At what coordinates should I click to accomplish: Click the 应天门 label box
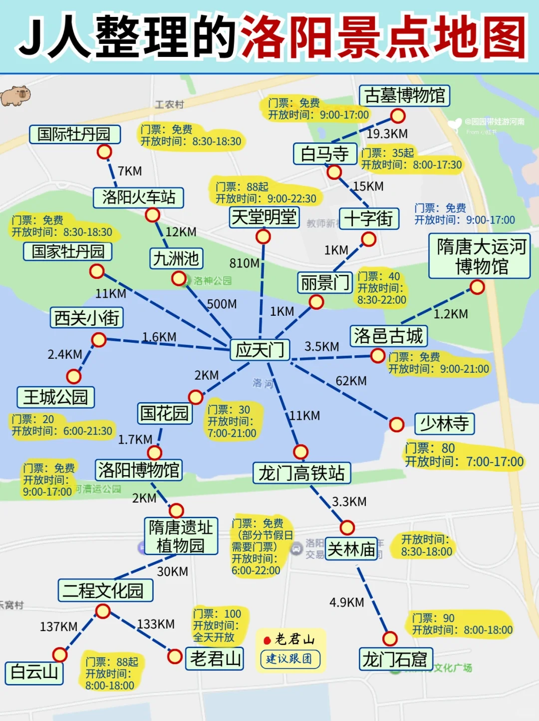coord(260,350)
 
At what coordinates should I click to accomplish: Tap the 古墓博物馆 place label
coord(404,95)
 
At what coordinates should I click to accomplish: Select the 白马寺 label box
coord(325,154)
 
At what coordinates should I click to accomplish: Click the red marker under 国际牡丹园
coord(104,151)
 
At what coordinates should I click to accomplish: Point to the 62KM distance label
coord(351,381)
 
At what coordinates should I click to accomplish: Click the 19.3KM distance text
coord(387,134)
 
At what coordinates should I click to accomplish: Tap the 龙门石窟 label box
coord(395,659)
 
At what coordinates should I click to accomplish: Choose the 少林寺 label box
coord(444,424)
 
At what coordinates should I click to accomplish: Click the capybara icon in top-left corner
coord(15,95)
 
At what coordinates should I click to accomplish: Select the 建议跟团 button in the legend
coord(289,659)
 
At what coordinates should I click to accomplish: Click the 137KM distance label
coord(58,627)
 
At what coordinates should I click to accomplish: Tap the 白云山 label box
coord(34,673)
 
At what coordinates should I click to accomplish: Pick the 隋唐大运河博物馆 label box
coord(479,256)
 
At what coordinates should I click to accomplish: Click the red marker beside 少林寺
coord(396,425)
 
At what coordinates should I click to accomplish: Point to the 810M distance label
coord(244,263)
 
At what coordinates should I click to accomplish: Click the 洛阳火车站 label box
coord(139,197)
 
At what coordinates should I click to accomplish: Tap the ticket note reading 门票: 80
coord(430,448)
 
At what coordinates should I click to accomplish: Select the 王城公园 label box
coord(55,397)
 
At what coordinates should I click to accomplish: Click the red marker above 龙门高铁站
coord(300,452)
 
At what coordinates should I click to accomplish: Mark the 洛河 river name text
coord(263,383)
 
